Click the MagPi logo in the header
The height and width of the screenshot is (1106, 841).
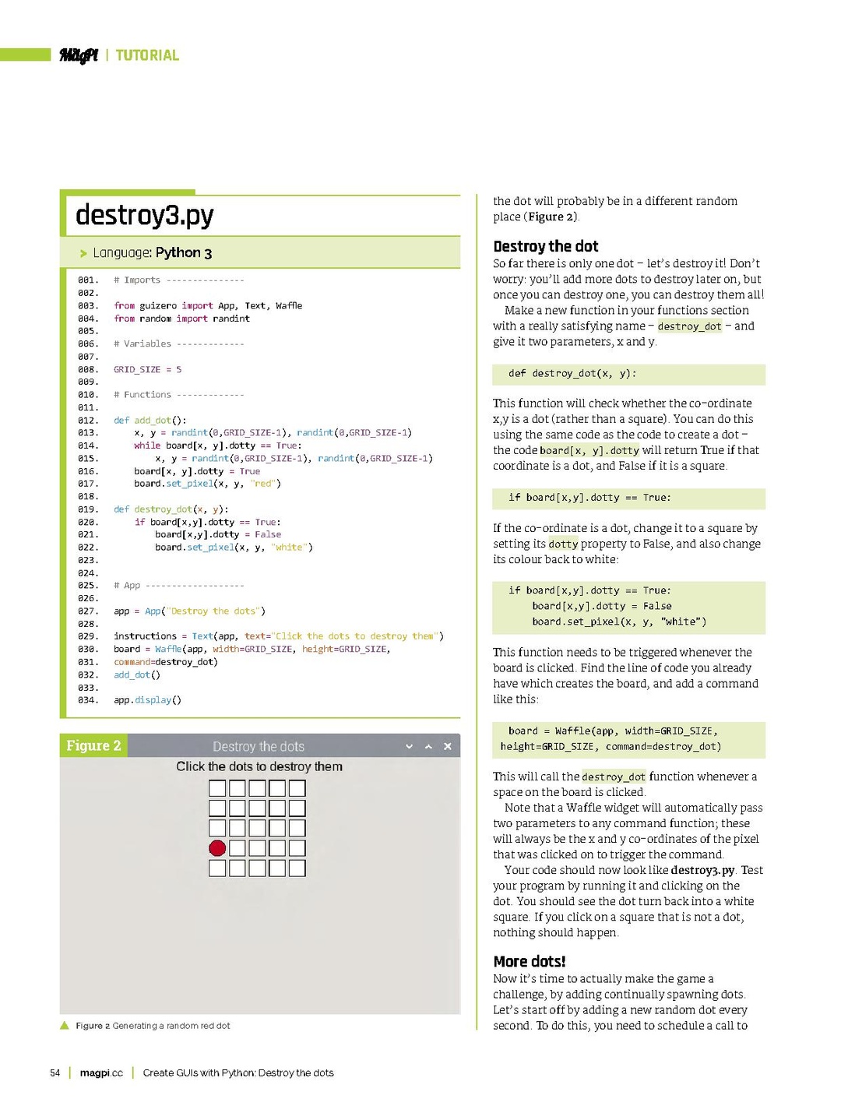(79, 55)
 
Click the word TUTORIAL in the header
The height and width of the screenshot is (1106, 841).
(147, 55)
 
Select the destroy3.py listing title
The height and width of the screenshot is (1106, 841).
(144, 215)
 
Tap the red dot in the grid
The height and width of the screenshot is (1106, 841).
(217, 848)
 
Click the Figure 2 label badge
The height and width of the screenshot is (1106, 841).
(93, 746)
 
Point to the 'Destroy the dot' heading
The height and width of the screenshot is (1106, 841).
(545, 247)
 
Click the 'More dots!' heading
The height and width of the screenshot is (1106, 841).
(529, 962)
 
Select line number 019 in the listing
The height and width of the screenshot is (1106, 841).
(87, 509)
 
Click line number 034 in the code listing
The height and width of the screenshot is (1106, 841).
(87, 700)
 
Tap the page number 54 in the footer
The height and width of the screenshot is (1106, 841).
(55, 1073)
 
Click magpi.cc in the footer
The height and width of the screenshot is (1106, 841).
(101, 1073)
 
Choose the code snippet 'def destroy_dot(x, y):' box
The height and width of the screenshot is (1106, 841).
(628, 374)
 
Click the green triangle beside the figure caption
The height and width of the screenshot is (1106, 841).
(65, 1026)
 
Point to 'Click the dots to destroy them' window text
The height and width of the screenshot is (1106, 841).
(259, 767)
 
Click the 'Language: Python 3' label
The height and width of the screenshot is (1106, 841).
(152, 253)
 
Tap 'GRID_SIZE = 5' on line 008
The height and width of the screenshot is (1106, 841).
(147, 370)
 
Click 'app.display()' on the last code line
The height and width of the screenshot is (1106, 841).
(147, 700)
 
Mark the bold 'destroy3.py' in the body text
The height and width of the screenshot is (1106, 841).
(702, 871)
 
